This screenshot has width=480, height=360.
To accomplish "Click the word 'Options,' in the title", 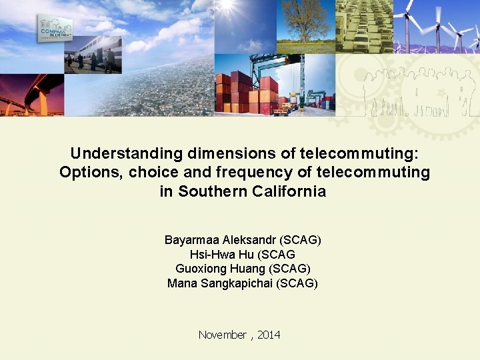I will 91,173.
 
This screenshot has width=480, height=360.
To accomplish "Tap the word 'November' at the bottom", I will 222,335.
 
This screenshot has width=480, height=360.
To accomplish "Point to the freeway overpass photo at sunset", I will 32,95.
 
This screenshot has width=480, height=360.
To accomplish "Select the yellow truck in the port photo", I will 283,109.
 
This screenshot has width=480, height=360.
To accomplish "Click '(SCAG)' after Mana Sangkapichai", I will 298,283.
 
